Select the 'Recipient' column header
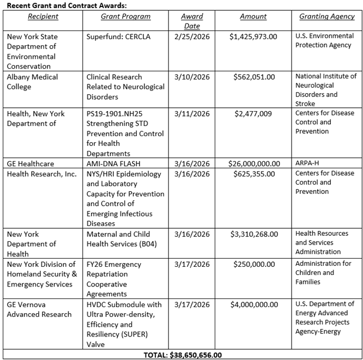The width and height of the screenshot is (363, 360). click(43, 17)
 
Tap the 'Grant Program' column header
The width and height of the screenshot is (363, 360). click(125, 17)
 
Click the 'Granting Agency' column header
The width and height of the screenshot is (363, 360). click(327, 17)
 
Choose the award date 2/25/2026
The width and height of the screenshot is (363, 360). click(191, 36)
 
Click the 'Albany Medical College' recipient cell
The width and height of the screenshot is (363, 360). click(33, 82)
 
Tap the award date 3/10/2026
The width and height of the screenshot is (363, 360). click(191, 77)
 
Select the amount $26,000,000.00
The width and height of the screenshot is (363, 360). click(255, 163)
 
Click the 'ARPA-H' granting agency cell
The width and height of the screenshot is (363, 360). click(308, 163)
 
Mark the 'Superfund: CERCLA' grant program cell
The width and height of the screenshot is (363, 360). click(118, 36)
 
